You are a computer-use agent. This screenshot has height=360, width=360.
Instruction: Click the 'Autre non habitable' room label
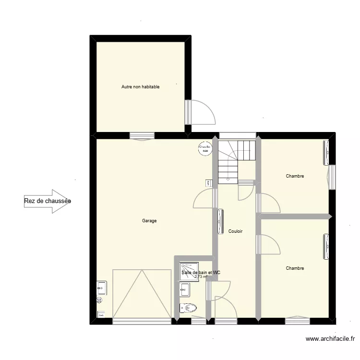140,87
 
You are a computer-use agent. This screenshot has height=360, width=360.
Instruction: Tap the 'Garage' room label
149,221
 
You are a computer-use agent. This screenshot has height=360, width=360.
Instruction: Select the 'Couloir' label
235,231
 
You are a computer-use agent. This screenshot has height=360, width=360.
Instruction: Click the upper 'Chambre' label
295,176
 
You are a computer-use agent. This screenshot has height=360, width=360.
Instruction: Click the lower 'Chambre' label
295,268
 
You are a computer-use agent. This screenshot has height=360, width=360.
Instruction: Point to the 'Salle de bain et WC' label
201,273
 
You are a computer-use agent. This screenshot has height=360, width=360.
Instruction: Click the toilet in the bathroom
188,308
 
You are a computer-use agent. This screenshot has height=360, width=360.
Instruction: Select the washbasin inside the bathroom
185,289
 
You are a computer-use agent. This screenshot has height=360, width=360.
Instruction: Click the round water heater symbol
205,148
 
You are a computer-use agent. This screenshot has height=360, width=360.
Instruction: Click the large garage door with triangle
142,294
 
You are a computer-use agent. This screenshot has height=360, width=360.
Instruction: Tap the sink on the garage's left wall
101,288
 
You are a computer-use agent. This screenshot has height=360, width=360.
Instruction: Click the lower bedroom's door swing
269,245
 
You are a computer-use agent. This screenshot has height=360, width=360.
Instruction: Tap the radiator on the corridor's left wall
220,221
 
